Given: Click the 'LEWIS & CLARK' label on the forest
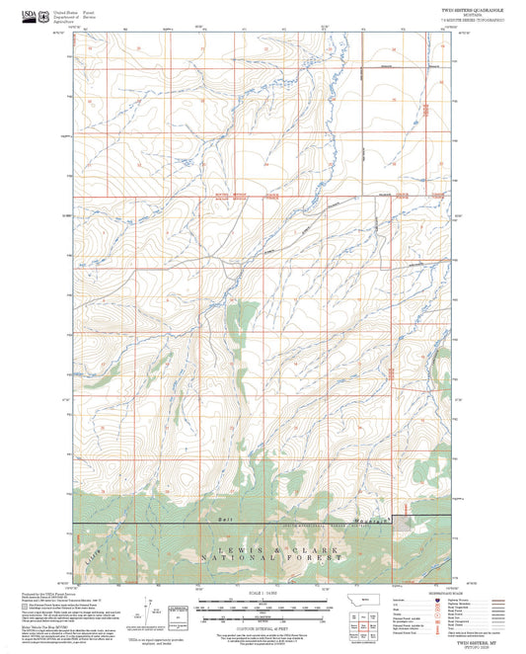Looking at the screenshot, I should (263, 549).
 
